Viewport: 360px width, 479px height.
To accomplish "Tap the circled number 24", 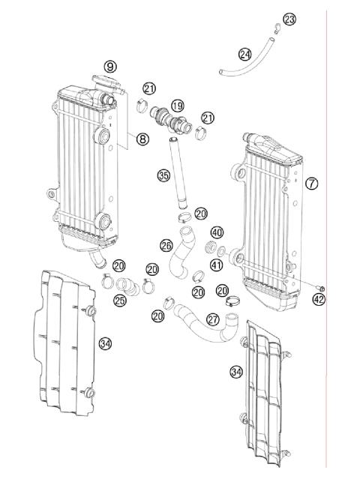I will tap(244, 54).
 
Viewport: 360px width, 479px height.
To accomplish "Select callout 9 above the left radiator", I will tap(110, 67).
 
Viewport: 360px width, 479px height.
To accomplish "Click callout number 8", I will tap(140, 138).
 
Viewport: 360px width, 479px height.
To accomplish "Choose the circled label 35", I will tap(163, 176).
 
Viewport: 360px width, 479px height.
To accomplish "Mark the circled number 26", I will tap(166, 244).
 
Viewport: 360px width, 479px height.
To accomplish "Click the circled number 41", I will tap(216, 265).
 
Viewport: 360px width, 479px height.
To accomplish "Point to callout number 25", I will tap(120, 300).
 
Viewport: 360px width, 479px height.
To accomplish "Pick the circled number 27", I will tap(213, 319).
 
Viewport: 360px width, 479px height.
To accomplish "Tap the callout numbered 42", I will tap(319, 300).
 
